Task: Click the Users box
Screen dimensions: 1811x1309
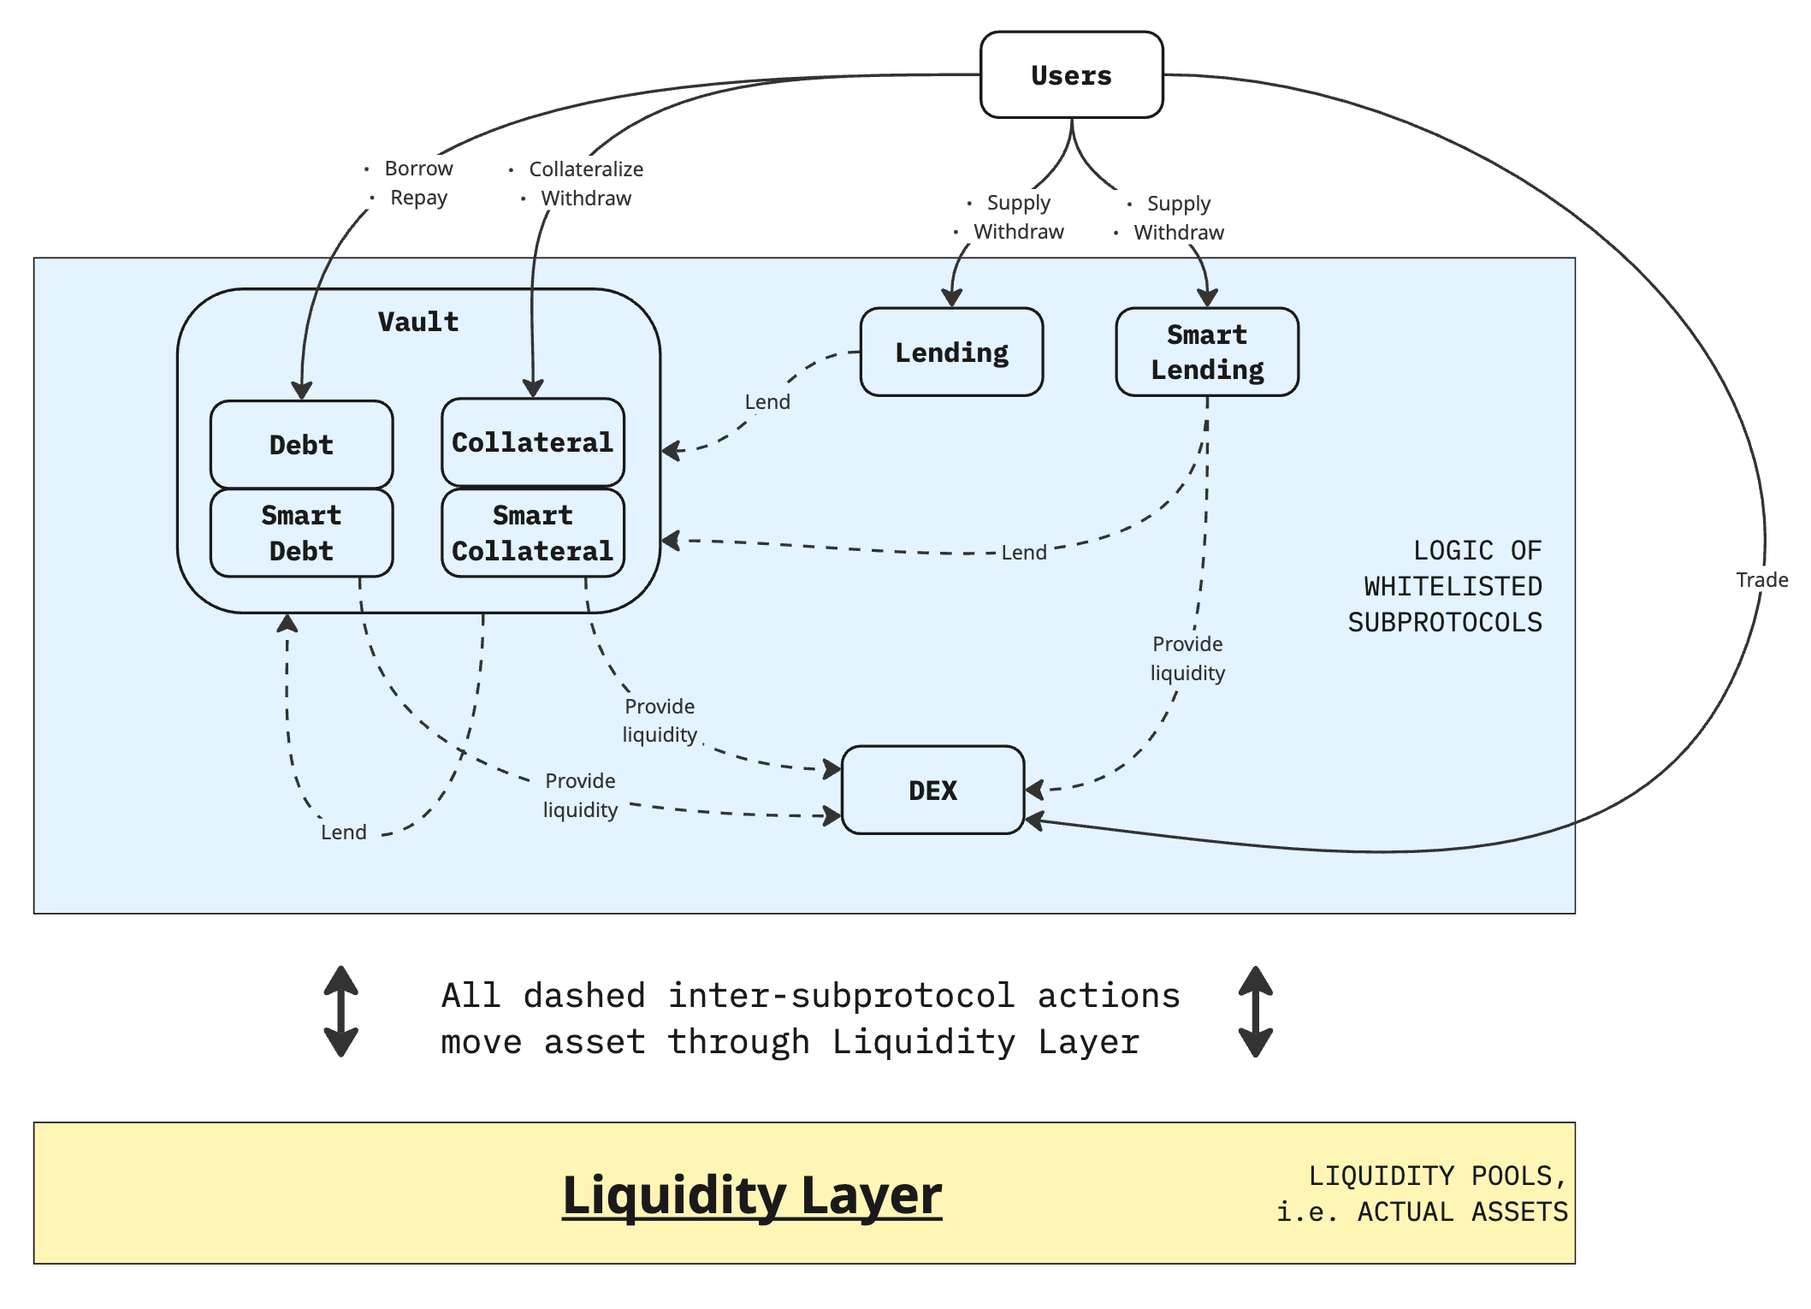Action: pos(1071,75)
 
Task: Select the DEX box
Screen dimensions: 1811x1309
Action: pos(933,790)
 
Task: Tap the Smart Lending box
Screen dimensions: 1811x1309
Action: pos(1207,352)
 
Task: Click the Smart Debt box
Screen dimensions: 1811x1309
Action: pos(301,533)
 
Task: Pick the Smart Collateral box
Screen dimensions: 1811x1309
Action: pos(532,533)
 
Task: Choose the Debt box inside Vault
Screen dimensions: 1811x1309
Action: pos(301,444)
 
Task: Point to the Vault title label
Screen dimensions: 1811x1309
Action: pos(418,322)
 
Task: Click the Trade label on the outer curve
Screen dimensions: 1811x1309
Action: pos(1762,580)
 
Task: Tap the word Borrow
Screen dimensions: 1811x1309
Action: pos(418,169)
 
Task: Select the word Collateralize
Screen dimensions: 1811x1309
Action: pos(586,169)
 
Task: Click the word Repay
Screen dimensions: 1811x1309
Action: pos(418,198)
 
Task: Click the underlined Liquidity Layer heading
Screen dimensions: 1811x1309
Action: pos(752,1194)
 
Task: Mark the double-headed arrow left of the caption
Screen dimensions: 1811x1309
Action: pos(340,1011)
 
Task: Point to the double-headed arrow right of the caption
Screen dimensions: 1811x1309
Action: pos(1256,1011)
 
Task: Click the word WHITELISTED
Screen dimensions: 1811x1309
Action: pos(1453,587)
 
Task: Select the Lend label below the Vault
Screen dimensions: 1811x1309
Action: pos(344,832)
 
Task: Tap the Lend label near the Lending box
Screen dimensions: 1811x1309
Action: pos(767,402)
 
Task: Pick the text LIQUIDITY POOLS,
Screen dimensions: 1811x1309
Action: pos(1437,1176)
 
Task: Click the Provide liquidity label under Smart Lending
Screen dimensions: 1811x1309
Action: pos(1187,658)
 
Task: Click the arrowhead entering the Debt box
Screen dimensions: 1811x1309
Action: pos(301,391)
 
